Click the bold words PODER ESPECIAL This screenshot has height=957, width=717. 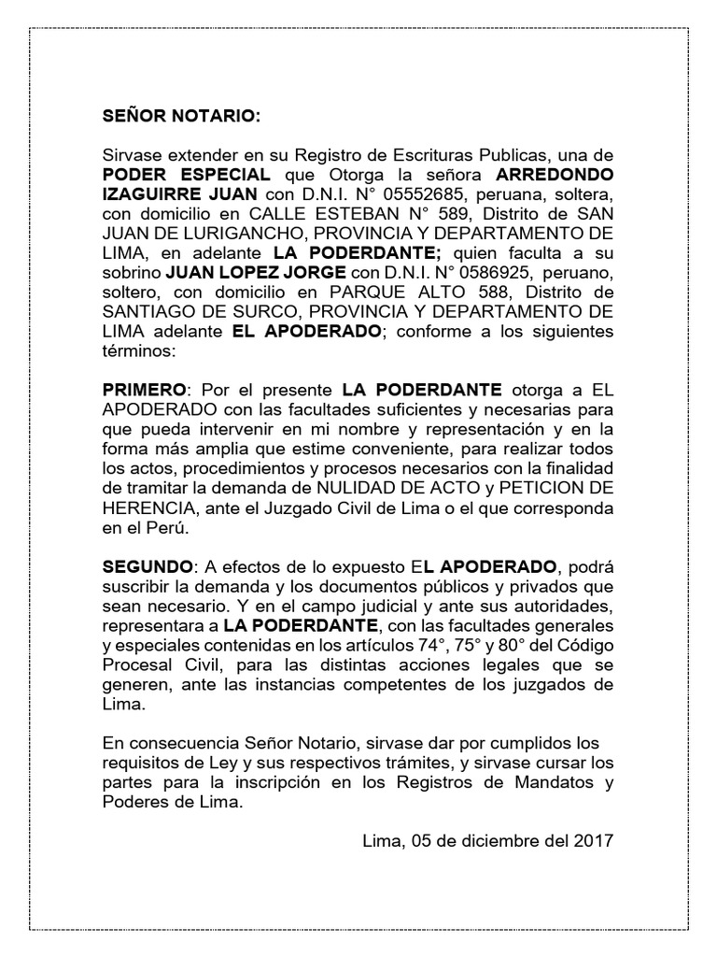pos(187,175)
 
